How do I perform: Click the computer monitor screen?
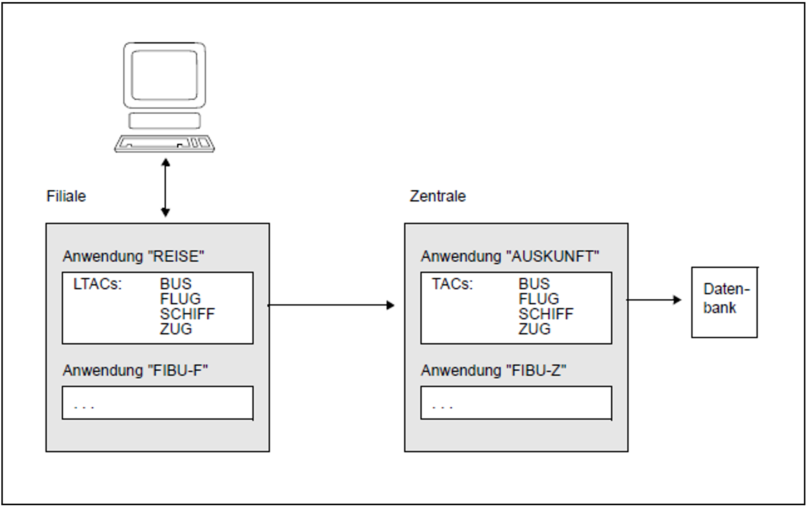(164, 75)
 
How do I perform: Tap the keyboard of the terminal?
(164, 143)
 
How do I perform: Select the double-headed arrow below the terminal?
(166, 188)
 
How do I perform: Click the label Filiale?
(66, 196)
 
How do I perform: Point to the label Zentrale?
(437, 196)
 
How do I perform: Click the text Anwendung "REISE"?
(133, 256)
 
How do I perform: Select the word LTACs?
(97, 284)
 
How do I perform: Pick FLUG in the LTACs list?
(180, 299)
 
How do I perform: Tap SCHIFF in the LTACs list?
(187, 314)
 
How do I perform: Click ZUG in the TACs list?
(534, 329)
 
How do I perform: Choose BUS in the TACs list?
(534, 284)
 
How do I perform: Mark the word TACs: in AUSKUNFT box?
(452, 284)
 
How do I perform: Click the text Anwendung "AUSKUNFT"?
(510, 256)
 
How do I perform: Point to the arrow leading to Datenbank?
(654, 300)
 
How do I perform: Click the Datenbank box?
(724, 302)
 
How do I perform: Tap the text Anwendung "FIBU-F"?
(135, 370)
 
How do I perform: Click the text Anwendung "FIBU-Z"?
(493, 370)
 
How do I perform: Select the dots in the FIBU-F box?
(84, 406)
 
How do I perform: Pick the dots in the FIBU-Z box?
(442, 406)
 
